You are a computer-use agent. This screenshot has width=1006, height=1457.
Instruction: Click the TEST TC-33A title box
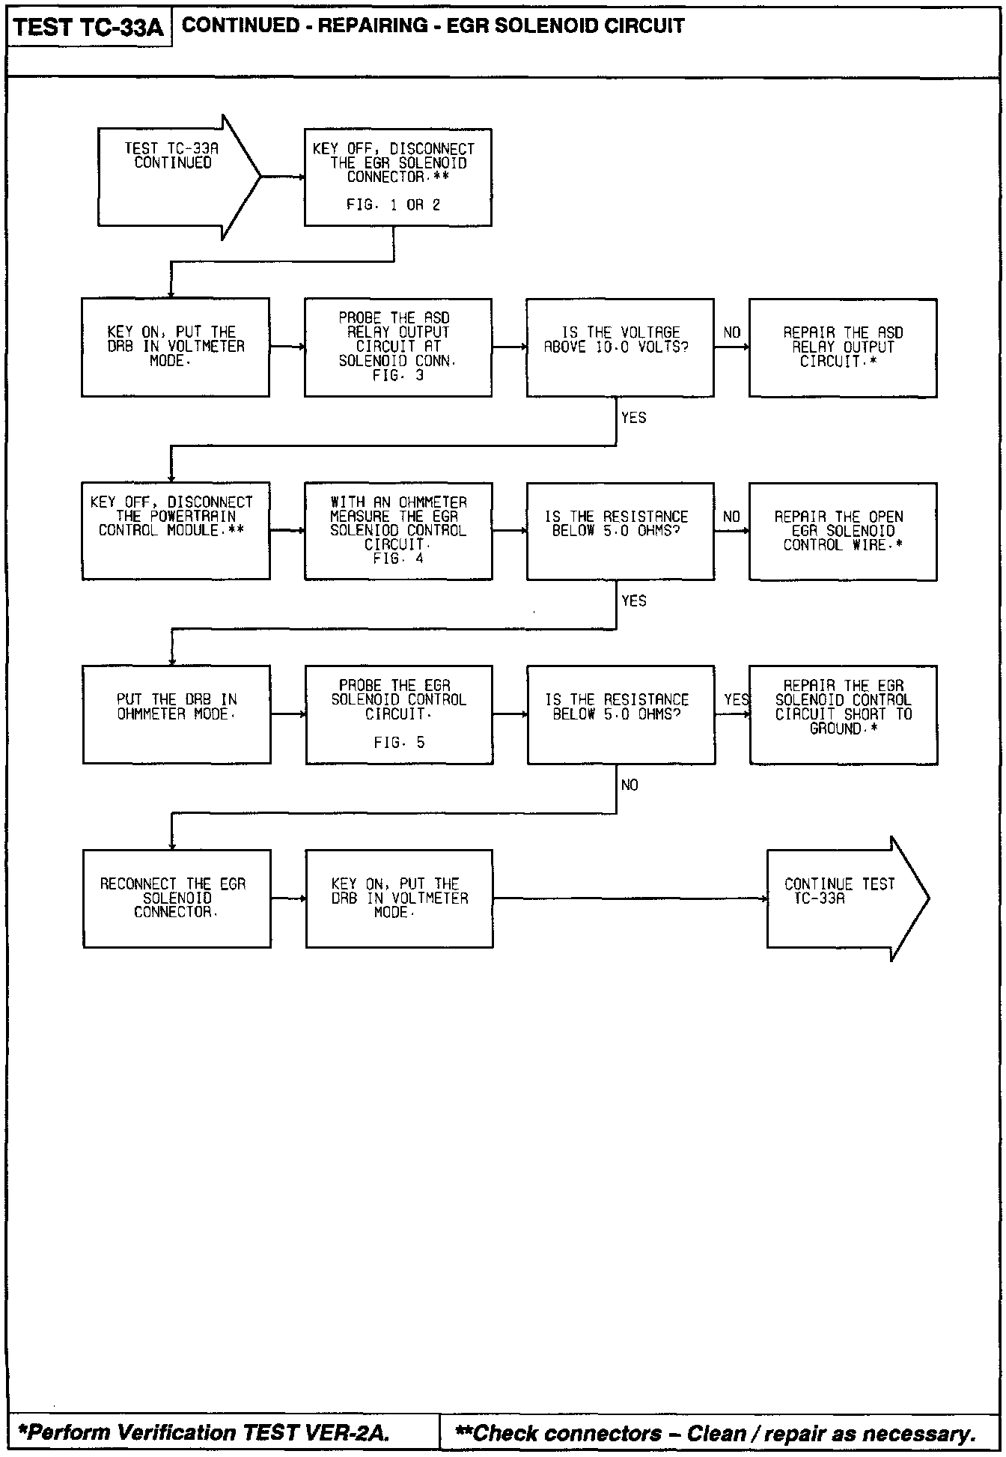[89, 28]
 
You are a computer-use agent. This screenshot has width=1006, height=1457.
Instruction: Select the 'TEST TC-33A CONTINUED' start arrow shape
[178, 177]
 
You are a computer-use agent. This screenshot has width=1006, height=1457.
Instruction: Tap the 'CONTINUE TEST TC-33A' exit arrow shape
[846, 898]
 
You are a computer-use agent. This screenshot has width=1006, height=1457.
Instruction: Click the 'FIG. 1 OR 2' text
[393, 205]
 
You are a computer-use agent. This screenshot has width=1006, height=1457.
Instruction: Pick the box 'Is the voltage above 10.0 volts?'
[620, 347]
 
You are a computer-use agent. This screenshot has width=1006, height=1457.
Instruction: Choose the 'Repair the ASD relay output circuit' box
[842, 347]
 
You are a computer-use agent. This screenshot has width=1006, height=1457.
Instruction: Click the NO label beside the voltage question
[731, 332]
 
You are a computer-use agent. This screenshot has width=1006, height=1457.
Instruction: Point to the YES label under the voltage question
[633, 418]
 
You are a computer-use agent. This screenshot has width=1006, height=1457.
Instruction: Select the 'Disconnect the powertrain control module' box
[176, 531]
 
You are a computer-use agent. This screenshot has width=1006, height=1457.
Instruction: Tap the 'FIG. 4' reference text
[397, 559]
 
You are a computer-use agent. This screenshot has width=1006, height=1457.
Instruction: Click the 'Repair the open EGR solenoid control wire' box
[842, 531]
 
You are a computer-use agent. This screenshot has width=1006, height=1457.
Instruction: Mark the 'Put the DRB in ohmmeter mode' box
[177, 714]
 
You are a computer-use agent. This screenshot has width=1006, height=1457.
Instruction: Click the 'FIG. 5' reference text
[399, 743]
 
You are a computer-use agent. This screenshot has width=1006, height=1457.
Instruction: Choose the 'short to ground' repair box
[843, 714]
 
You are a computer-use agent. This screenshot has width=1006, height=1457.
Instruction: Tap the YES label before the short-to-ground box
[736, 699]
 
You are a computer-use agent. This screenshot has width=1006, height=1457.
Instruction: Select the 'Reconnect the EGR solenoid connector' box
[177, 898]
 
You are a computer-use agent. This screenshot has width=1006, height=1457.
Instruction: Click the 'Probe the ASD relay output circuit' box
[397, 347]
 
